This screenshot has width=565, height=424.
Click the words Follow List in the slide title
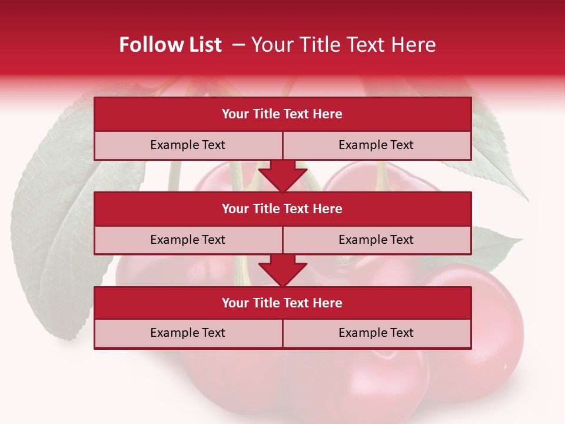click(x=171, y=45)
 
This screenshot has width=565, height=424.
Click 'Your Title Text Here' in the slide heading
click(x=344, y=45)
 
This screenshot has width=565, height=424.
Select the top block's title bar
click(x=282, y=114)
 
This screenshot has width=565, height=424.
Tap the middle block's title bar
click(x=282, y=208)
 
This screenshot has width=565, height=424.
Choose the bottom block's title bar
click(x=282, y=303)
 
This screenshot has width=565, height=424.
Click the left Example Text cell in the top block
click(x=188, y=145)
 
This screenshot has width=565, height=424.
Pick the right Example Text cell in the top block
click(x=377, y=145)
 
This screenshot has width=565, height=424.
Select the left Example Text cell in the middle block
click(x=188, y=240)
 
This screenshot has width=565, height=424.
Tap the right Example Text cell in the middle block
click(x=377, y=240)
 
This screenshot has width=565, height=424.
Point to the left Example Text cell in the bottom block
click(x=188, y=333)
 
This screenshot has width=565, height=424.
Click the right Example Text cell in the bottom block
click(x=377, y=333)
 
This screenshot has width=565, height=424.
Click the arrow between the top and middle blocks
click(x=282, y=175)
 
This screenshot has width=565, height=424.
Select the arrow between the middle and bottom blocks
click(x=282, y=270)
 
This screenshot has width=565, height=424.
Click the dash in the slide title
click(x=238, y=45)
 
